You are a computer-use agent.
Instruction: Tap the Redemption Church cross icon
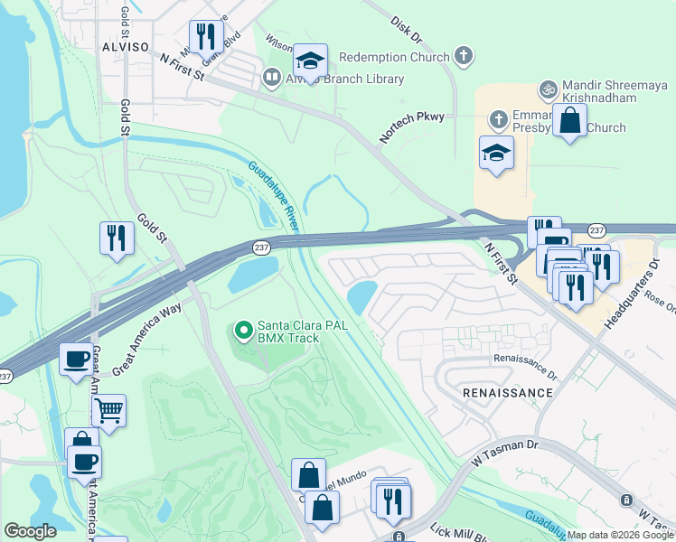click(x=463, y=57)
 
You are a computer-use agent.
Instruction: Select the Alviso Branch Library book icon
click(x=271, y=79)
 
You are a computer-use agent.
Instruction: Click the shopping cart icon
click(x=108, y=410)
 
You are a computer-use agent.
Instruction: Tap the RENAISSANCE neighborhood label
click(x=506, y=393)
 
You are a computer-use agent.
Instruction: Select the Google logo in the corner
click(x=30, y=531)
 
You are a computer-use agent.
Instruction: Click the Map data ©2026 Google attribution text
click(x=620, y=535)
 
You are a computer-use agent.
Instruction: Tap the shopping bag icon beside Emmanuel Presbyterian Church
click(x=570, y=120)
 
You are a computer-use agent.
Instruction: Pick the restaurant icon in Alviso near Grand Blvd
click(x=206, y=37)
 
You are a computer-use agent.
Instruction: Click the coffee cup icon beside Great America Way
click(x=76, y=359)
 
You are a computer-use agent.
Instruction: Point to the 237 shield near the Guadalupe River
click(x=261, y=248)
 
